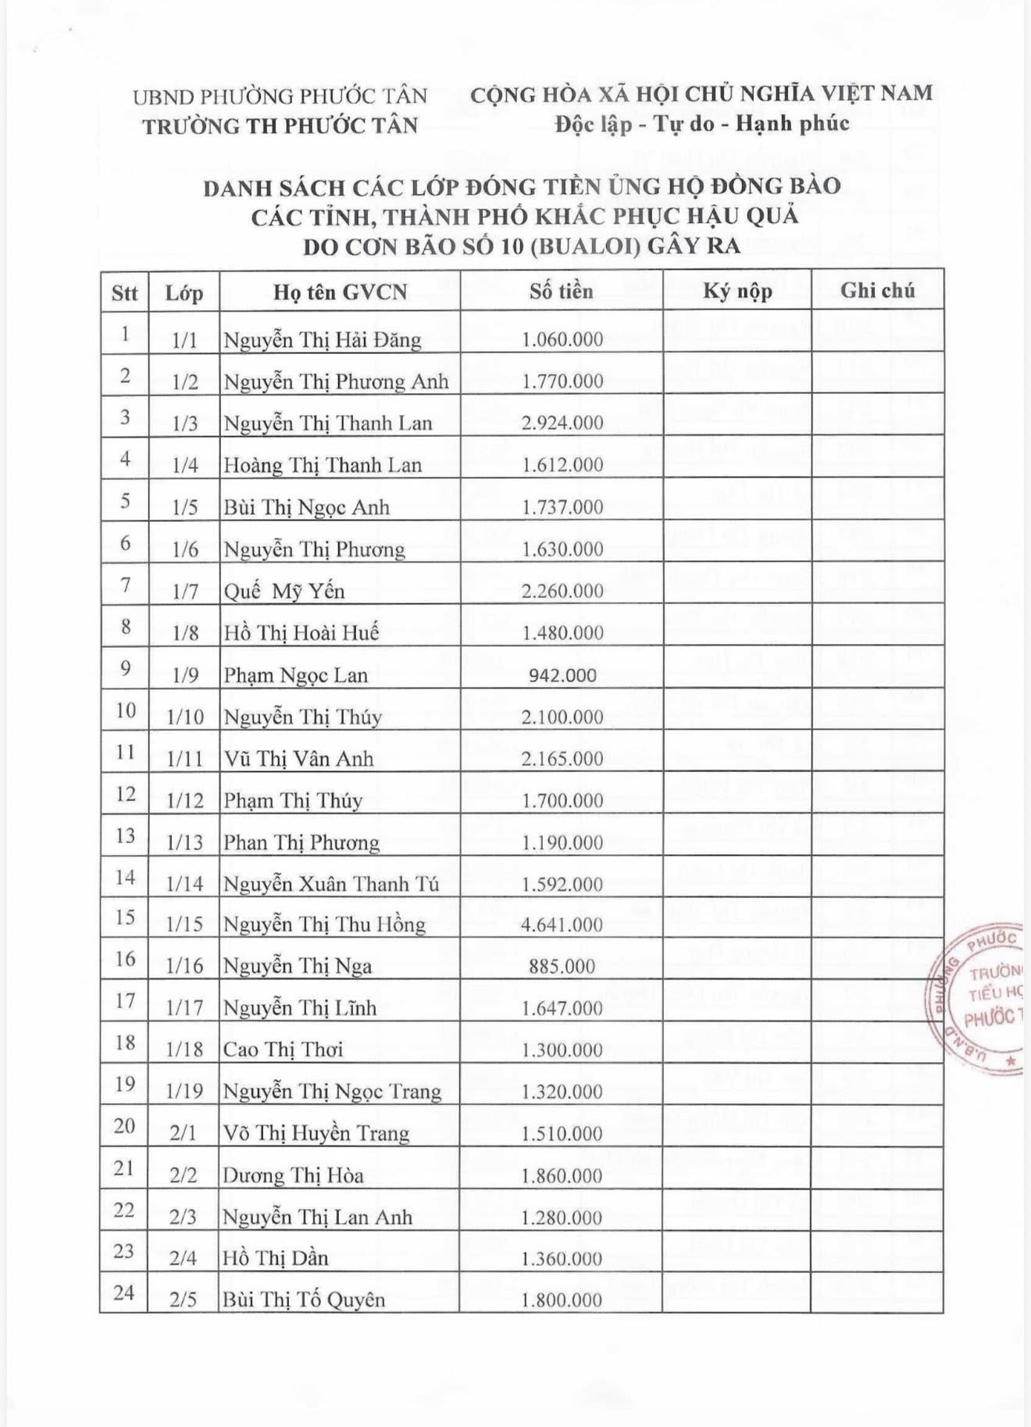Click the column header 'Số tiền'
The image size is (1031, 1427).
pos(561,291)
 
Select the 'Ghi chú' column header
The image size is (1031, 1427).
pos(877,291)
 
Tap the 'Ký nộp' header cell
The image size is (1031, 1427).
pos(737,291)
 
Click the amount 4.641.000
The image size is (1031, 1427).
pos(562,925)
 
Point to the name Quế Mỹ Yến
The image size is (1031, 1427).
pos(284,591)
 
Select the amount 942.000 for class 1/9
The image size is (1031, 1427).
pos(562,675)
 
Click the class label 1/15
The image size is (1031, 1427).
pos(184,925)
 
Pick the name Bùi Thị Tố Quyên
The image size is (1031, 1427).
pos(304,1300)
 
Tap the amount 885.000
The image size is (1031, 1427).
pos(562,967)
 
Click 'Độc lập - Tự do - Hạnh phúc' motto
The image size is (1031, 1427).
pos(701,123)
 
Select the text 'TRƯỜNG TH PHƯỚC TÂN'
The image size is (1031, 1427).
pos(280,126)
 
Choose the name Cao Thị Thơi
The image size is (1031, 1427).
pos(283,1050)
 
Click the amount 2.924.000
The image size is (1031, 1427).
pos(562,423)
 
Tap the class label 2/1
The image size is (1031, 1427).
pos(183,1133)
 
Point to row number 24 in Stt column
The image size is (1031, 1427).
pos(124,1293)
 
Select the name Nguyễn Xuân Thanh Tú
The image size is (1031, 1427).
pos(330,884)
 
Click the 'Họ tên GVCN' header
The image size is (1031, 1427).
pos(340,292)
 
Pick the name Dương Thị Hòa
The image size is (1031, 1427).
pos(293,1175)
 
